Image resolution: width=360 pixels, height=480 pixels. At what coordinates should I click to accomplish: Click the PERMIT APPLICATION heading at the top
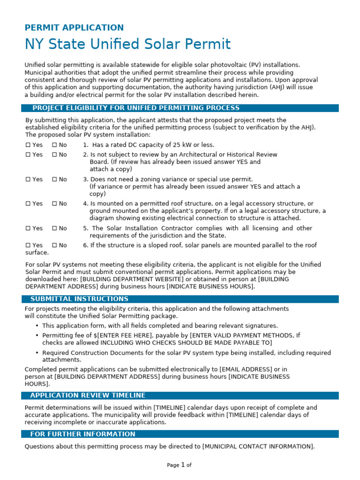74,28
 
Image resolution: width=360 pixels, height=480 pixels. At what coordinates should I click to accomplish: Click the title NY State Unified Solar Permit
127,45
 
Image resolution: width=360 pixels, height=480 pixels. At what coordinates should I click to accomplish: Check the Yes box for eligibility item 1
28,145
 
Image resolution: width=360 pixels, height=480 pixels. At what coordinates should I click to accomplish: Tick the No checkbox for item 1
54,145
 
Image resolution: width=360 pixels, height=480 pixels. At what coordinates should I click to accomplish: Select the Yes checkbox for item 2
28,155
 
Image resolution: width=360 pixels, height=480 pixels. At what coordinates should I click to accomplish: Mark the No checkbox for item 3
54,180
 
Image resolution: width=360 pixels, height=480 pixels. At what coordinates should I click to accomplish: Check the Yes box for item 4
28,204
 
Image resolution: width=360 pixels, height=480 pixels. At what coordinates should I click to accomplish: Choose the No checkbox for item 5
54,228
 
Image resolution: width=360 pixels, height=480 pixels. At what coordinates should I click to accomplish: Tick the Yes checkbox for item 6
28,245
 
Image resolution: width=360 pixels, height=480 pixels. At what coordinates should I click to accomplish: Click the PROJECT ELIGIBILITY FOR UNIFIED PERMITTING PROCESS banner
136,108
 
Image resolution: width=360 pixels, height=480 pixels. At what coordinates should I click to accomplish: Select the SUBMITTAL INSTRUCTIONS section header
79,299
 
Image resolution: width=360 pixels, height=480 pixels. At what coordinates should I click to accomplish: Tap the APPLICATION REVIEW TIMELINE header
88,395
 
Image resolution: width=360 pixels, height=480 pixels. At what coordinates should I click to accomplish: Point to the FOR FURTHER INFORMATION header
82,434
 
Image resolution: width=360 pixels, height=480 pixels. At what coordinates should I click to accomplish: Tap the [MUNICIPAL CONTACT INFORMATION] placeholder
258,446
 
